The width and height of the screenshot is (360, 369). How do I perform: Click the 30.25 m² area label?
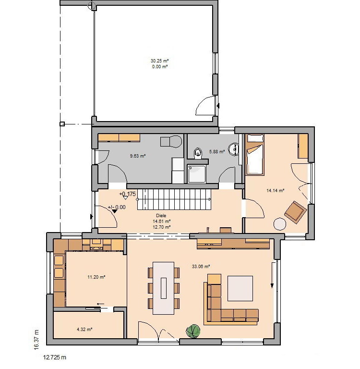click(160, 61)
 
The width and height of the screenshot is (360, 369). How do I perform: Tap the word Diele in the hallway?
click(161, 215)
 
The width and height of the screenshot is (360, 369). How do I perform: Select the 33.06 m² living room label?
click(201, 266)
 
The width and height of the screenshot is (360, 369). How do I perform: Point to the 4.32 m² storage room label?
click(84, 329)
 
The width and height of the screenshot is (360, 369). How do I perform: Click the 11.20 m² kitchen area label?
click(96, 277)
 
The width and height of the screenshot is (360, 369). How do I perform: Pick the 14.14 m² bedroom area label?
click(276, 190)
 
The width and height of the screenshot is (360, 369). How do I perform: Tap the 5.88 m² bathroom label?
click(217, 151)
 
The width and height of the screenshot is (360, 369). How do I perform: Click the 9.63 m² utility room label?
click(138, 156)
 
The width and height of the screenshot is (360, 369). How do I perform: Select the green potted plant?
click(193, 331)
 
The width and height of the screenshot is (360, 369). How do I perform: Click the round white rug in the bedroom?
click(280, 224)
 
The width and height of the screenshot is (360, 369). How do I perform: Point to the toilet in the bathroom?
click(198, 153)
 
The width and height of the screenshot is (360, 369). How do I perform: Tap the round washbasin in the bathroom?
click(234, 149)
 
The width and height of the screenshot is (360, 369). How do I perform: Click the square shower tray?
click(197, 173)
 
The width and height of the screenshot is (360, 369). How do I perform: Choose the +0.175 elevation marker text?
click(128, 194)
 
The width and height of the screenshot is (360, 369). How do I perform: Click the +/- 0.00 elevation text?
click(117, 207)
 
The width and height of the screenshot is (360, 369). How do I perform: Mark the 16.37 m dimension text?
click(36, 339)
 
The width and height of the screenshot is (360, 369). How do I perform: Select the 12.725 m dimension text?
click(55, 357)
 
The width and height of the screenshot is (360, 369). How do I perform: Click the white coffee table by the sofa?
click(240, 288)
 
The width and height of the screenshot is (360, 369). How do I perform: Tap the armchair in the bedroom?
click(295, 212)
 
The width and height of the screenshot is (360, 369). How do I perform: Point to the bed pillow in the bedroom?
click(255, 138)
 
